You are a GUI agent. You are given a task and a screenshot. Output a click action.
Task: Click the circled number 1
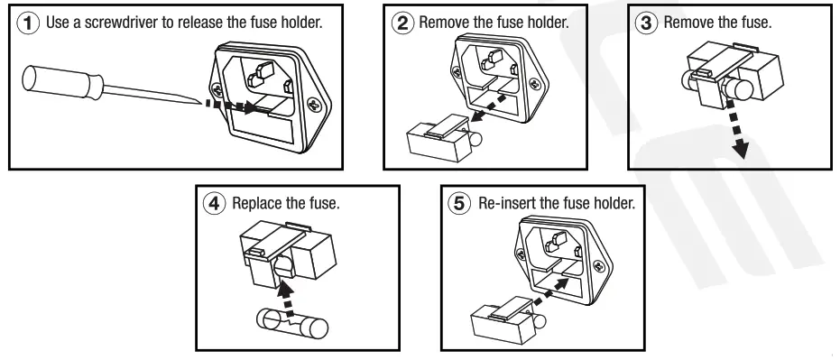click(28, 24)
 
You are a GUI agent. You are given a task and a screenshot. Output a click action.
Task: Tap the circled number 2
click(402, 23)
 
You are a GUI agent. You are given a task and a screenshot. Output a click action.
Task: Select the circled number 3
click(647, 23)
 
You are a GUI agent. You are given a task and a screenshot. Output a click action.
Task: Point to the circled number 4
click(215, 204)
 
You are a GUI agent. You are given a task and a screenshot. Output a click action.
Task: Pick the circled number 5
click(459, 204)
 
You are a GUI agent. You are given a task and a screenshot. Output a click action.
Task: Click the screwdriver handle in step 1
click(62, 82)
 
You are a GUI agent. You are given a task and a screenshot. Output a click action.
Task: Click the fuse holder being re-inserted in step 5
click(505, 318)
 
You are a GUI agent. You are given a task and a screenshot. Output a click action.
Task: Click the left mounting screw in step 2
click(457, 70)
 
